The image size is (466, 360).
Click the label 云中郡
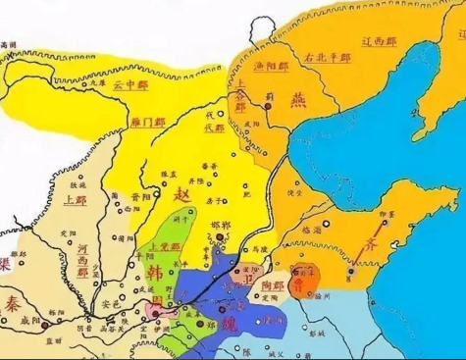[x=133, y=86]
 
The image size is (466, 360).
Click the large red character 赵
[x=181, y=197]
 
